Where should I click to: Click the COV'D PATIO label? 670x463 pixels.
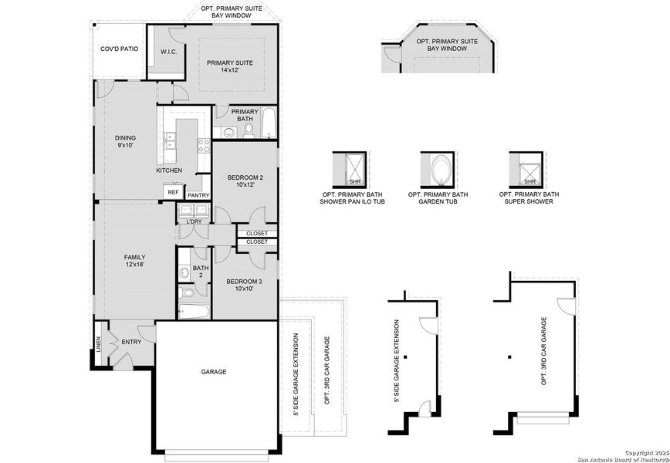pyautogui.click(x=120, y=49)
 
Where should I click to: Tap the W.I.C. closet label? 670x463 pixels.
pyautogui.click(x=169, y=52)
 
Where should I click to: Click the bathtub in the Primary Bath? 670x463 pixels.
pyautogui.click(x=269, y=124)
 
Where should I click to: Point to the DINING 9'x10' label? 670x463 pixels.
pyautogui.click(x=125, y=141)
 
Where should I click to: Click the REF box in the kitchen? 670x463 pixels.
pyautogui.click(x=173, y=192)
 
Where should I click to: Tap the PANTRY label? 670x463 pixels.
pyautogui.click(x=198, y=196)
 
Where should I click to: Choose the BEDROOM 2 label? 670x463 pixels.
pyautogui.click(x=245, y=181)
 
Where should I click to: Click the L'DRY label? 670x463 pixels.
pyautogui.click(x=194, y=222)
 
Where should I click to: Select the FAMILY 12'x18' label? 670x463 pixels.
pyautogui.click(x=135, y=261)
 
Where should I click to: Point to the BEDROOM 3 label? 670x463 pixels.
pyautogui.click(x=244, y=285)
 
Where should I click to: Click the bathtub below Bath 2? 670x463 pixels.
pyautogui.click(x=193, y=312)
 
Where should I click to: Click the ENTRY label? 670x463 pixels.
pyautogui.click(x=130, y=342)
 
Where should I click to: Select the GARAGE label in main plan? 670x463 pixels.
pyautogui.click(x=214, y=372)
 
